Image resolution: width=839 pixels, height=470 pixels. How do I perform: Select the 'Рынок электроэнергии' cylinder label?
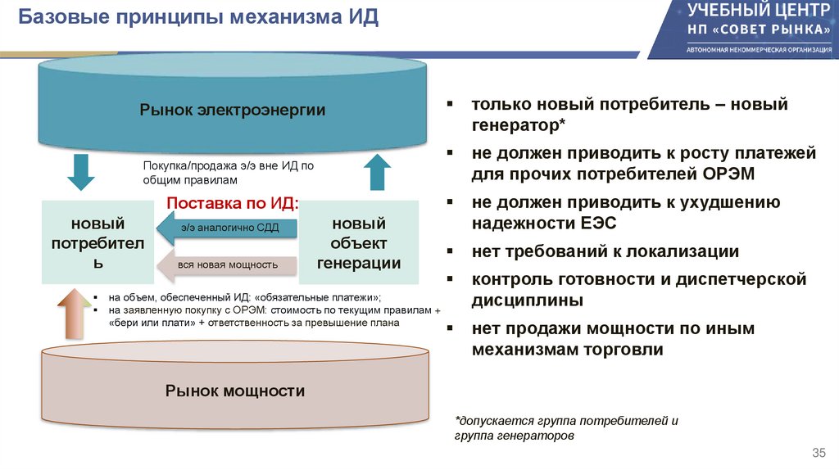coord(232,110)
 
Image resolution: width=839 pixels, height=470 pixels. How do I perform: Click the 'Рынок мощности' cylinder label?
coord(234,391)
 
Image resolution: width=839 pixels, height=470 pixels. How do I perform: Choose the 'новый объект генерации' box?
coord(358,242)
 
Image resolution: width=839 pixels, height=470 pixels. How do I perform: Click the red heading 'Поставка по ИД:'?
coord(233,203)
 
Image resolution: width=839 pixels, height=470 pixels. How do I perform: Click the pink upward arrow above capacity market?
coord(73,314)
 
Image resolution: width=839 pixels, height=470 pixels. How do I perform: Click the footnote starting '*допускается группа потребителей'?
coord(566,428)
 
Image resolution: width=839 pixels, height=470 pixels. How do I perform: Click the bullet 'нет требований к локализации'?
coord(605,251)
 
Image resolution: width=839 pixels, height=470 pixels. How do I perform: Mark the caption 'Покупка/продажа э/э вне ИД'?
coord(229,172)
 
